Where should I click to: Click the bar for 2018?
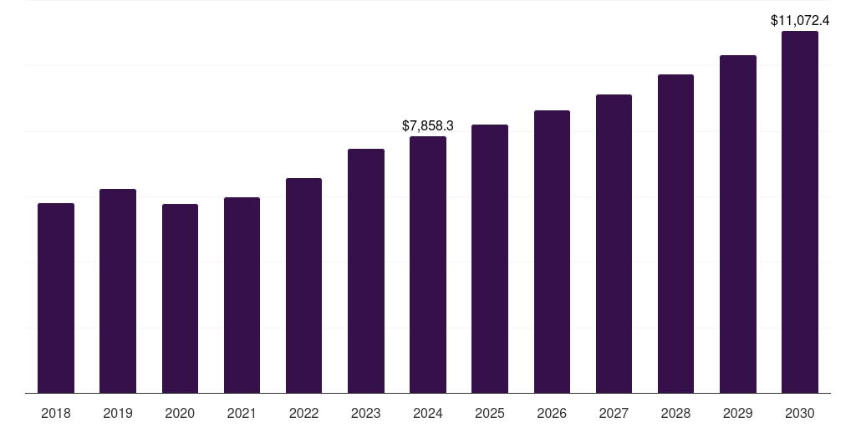click(x=56, y=298)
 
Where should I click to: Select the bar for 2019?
click(x=118, y=291)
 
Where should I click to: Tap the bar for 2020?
click(x=180, y=298)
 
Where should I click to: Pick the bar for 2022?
click(x=303, y=285)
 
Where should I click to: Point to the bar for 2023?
click(x=366, y=271)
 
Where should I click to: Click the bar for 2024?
click(x=428, y=264)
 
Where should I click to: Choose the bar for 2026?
click(x=552, y=252)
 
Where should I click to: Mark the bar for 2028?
click(x=675, y=233)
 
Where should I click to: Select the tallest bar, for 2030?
click(x=800, y=212)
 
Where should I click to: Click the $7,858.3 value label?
click(x=428, y=125)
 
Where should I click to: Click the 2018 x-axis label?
click(x=56, y=413)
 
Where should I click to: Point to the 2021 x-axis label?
click(x=242, y=413)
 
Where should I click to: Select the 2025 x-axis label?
click(x=490, y=413)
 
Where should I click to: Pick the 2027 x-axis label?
click(x=614, y=413)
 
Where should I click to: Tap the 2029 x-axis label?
click(x=737, y=413)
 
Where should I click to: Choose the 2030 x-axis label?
click(x=800, y=413)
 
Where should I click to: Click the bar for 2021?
click(x=242, y=295)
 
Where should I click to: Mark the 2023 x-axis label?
click(x=366, y=413)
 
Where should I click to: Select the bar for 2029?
click(x=737, y=224)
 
